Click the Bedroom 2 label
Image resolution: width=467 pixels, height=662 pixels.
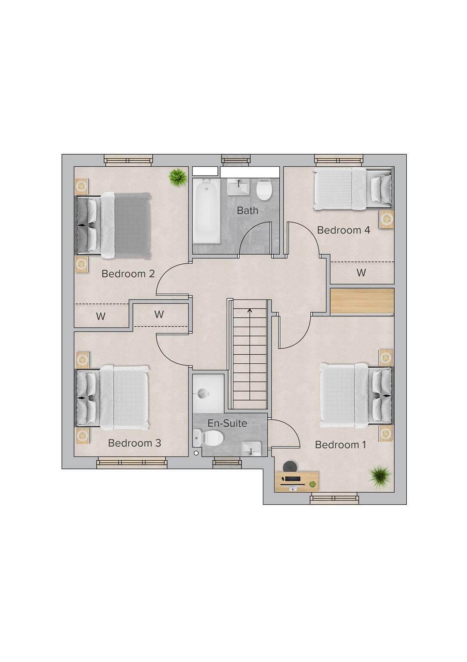point(128,274)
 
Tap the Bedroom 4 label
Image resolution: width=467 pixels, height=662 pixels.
point(343,230)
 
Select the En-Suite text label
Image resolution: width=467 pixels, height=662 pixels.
point(227,423)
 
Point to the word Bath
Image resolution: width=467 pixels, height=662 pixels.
point(247,211)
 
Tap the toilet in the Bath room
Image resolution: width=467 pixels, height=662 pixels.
point(264,190)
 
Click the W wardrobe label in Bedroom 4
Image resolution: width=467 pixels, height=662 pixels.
point(361,273)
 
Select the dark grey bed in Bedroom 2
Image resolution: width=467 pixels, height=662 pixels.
point(114,225)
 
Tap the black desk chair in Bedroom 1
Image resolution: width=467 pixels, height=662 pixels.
point(290,466)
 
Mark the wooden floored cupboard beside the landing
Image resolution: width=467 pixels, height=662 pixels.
point(362,301)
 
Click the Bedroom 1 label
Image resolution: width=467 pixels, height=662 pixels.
point(340,445)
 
